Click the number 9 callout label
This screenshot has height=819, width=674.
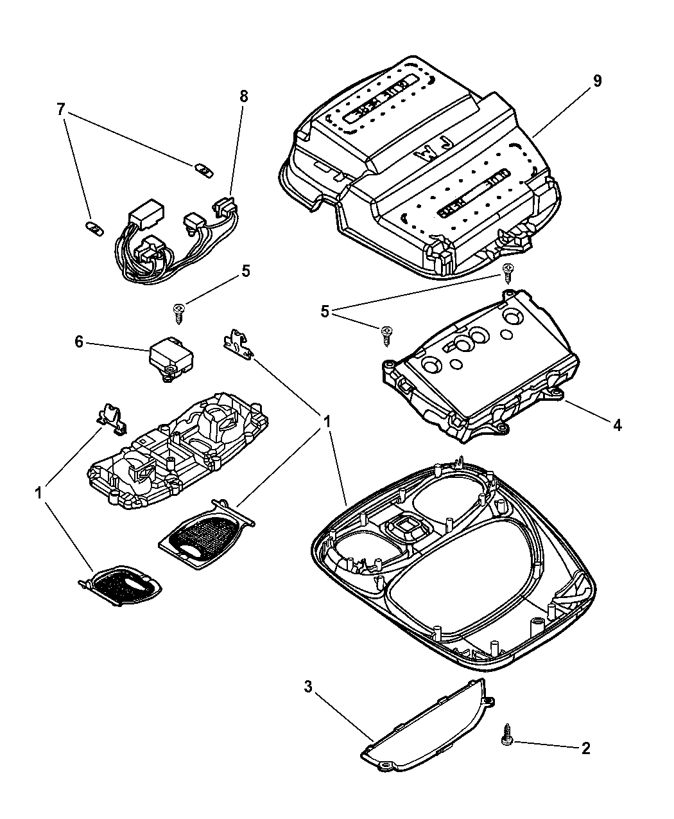pos(597,81)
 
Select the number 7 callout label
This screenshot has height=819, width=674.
pos(61,110)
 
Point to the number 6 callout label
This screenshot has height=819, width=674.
pos(79,342)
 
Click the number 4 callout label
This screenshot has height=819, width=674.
pos(617,425)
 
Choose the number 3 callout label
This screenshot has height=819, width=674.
pos(308,687)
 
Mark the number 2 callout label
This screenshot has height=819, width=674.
pos(585,748)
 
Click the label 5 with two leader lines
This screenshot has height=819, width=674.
pos(325,312)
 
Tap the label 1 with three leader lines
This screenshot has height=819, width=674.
pos(327,423)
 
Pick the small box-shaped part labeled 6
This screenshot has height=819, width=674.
pos(171,357)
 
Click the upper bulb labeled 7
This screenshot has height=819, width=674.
pos(203,170)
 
